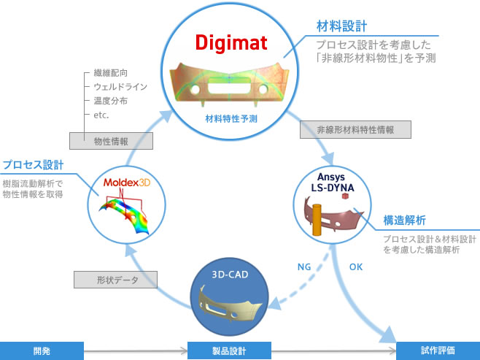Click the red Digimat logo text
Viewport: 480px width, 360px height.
click(x=228, y=42)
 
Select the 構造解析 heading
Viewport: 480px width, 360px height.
click(x=406, y=219)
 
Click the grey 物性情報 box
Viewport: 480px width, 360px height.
click(x=98, y=142)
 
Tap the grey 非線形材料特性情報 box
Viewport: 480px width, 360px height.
click(x=356, y=130)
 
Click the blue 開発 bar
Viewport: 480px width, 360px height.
click(x=42, y=350)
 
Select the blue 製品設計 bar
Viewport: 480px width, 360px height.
click(x=229, y=350)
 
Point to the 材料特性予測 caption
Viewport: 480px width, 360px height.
click(x=228, y=118)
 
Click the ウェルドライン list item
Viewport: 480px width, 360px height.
click(x=121, y=86)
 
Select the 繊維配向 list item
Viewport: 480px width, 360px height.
click(x=109, y=72)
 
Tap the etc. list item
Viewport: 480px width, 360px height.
click(x=101, y=114)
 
